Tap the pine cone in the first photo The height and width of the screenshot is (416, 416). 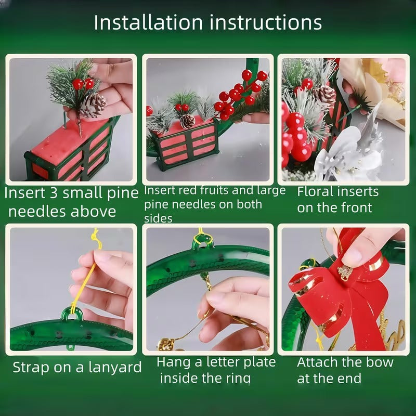[x=94, y=105]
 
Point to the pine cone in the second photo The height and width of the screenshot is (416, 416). [x=187, y=121]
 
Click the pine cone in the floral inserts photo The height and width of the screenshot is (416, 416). [x=326, y=95]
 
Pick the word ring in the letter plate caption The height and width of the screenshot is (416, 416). [x=238, y=378]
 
